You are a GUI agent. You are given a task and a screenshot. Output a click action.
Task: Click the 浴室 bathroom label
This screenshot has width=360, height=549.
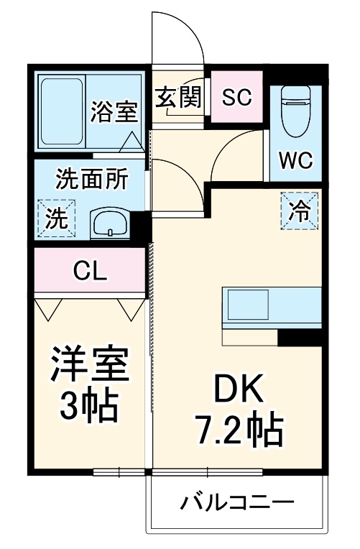click(114, 111)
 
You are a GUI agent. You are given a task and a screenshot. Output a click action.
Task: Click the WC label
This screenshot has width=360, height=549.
click(296, 160)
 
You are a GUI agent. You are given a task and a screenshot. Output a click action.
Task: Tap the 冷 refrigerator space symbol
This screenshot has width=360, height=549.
click(298, 211)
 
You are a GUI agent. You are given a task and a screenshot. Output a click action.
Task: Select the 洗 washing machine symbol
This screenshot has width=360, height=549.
click(55, 217)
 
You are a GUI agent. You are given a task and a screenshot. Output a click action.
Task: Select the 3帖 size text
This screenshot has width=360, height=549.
click(88, 406)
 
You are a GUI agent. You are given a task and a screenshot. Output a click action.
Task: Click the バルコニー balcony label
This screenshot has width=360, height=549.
click(236, 500)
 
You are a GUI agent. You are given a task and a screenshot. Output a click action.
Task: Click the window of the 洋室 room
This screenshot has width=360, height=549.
click(119, 472)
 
